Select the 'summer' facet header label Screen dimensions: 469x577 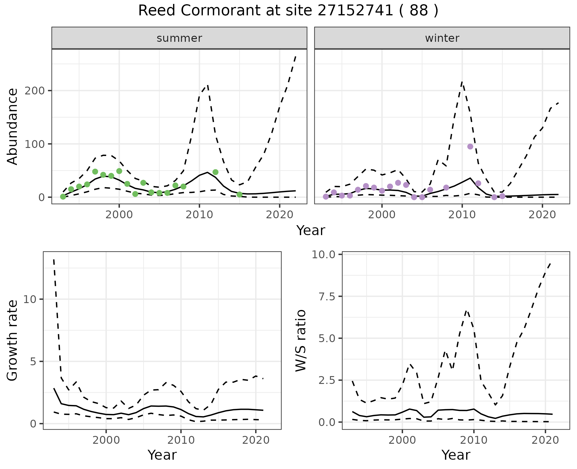179,38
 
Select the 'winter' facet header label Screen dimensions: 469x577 442,38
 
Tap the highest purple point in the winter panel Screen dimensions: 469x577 470,146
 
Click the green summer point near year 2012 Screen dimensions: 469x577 215,172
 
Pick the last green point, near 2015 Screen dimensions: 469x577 240,195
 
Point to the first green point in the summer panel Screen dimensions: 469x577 63,197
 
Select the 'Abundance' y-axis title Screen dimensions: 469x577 13,126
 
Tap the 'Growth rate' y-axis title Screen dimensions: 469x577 13,340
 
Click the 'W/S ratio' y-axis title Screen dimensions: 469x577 301,340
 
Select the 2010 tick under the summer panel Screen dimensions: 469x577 199,215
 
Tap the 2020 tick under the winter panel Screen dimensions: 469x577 542,215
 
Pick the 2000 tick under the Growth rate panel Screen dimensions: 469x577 106,440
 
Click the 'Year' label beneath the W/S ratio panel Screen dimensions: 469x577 456,455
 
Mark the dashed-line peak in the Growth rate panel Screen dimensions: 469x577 54,259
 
